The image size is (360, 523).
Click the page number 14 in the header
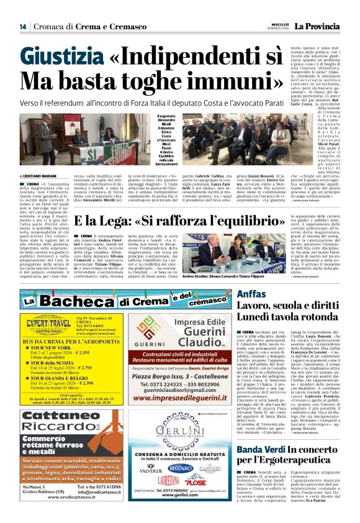[22, 26]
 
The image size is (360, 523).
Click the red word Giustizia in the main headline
[63, 58]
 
